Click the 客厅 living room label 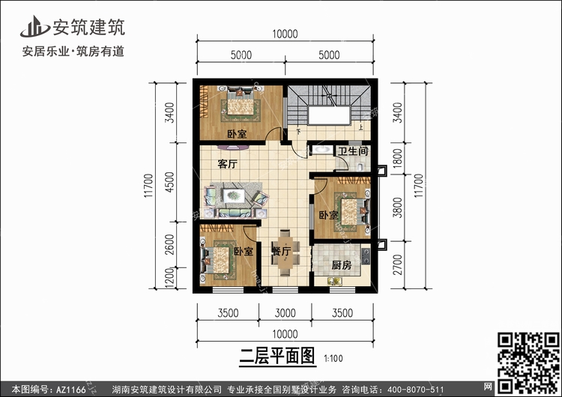coord(228,164)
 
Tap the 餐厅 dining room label coord(282,251)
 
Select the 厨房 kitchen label coord(341,265)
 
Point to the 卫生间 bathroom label coord(353,151)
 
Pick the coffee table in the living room coord(234,196)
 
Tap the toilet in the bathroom coord(360,166)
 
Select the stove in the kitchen coord(366,255)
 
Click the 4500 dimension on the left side coord(169,182)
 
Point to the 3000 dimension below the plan coord(285,313)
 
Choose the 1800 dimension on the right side coord(397,158)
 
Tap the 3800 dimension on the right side coord(397,207)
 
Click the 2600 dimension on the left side coord(169,244)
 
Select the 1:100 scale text coord(333,358)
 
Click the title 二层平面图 coord(277,356)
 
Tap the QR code coord(528,363)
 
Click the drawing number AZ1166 coord(71,390)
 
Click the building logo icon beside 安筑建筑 coord(34,26)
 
